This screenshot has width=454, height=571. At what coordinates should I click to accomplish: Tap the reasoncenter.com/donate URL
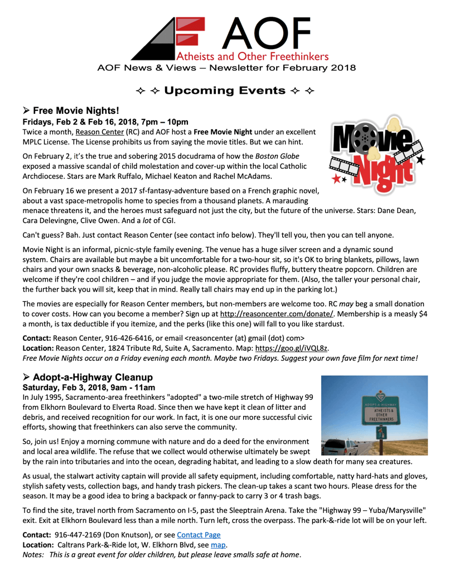click(277, 314)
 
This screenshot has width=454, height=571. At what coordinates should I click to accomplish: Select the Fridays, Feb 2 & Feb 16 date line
click(105, 122)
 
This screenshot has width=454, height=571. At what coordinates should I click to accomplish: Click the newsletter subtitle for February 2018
click(226, 68)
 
